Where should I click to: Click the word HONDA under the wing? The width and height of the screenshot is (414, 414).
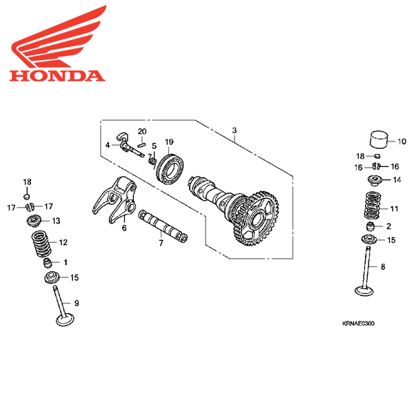(x=57, y=75)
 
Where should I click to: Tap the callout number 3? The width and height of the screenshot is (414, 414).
(x=234, y=130)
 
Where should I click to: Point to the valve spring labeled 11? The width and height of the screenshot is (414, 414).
(x=373, y=204)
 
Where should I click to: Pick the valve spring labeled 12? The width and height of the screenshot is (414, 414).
(x=40, y=244)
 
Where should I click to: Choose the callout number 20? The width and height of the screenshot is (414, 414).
(x=142, y=131)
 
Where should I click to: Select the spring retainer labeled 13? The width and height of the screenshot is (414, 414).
(x=33, y=221)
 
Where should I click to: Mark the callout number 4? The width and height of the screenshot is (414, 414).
(x=108, y=145)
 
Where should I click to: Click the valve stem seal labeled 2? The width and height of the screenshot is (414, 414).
(x=371, y=226)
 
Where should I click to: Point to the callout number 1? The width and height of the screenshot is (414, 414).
(x=66, y=262)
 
